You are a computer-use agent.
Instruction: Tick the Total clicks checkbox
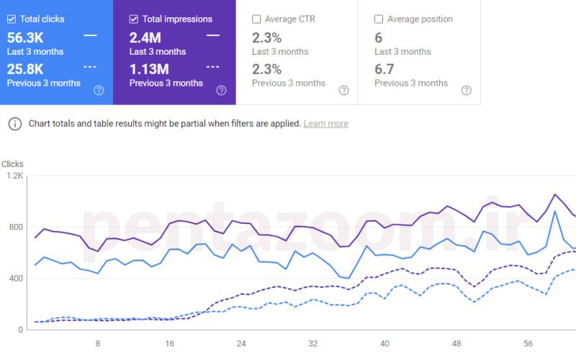(12, 19)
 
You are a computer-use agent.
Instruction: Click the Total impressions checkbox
(134, 19)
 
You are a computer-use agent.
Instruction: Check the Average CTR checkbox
(256, 19)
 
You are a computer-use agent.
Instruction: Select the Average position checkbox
(379, 19)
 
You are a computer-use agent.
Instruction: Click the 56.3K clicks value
(25, 37)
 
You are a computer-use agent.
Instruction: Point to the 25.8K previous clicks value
(25, 69)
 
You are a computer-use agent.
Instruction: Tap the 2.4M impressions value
(145, 37)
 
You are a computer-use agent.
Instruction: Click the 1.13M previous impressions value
(149, 69)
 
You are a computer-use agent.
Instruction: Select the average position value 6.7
(384, 69)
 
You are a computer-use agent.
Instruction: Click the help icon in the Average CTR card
(343, 91)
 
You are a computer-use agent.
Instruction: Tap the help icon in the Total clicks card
(99, 91)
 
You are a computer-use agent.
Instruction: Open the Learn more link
(325, 124)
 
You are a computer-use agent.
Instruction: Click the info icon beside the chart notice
(14, 124)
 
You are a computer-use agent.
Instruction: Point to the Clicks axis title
(12, 164)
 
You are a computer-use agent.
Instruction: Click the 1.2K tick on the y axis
(15, 176)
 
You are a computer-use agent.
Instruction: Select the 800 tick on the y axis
(16, 227)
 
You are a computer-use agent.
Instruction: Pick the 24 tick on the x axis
(241, 343)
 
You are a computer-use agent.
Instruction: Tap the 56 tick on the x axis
(528, 343)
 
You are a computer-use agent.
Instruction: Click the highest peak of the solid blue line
(554, 211)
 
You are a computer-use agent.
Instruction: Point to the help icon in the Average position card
(466, 91)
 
